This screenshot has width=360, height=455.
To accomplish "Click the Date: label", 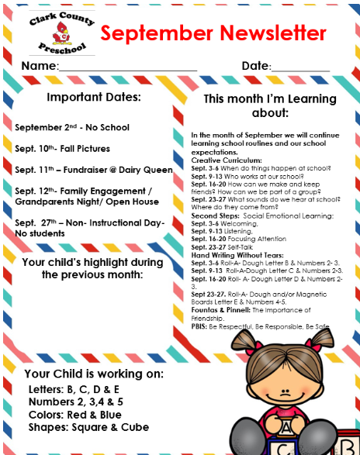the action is coord(255,67).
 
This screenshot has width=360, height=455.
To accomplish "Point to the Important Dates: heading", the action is coord(93,98).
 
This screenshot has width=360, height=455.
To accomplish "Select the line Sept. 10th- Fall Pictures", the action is coord(62,148).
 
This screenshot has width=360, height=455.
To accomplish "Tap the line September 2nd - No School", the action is coord(72,127).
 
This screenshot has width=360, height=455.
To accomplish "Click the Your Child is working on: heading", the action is coord(93,374).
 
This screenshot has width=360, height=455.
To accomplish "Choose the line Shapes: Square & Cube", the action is coord(88,427).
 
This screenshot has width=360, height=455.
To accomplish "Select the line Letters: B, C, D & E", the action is coord(74,388).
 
